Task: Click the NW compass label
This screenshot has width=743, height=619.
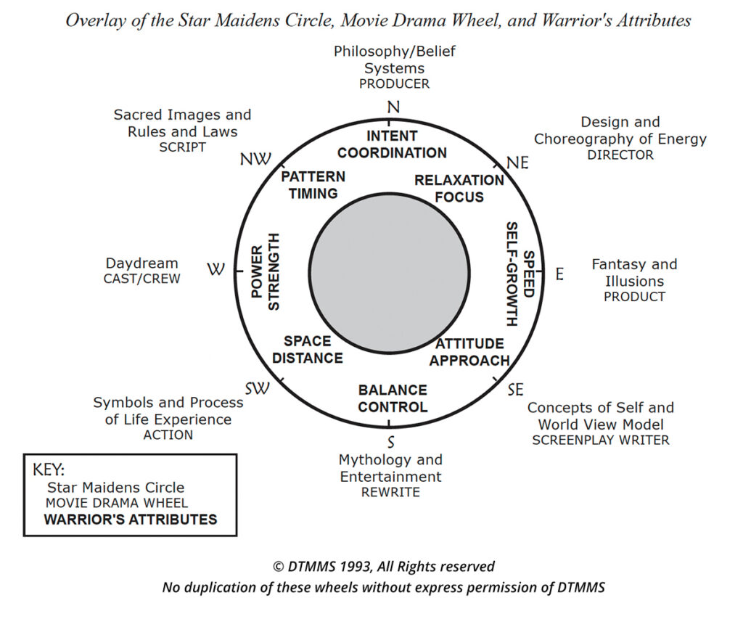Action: pyautogui.click(x=255, y=159)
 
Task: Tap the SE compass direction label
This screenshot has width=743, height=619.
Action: pyautogui.click(x=516, y=390)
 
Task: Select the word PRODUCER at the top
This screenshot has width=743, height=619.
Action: pyautogui.click(x=394, y=84)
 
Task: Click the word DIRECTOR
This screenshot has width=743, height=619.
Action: pyautogui.click(x=620, y=155)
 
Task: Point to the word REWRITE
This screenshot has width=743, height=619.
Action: pyautogui.click(x=390, y=493)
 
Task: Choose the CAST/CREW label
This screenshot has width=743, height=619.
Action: pyautogui.click(x=141, y=279)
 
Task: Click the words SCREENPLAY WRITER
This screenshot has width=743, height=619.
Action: pyautogui.click(x=600, y=440)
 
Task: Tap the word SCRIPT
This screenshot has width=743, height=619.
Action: pyautogui.click(x=182, y=147)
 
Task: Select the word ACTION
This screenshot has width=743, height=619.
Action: pyautogui.click(x=168, y=435)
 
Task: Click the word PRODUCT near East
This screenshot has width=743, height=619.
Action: pyautogui.click(x=634, y=297)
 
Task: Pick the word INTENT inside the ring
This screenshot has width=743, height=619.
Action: pyautogui.click(x=392, y=136)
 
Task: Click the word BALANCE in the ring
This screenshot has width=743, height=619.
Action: pyautogui.click(x=393, y=390)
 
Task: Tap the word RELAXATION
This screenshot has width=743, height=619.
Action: pyautogui.click(x=459, y=181)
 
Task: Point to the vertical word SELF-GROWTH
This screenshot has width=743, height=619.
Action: pyautogui.click(x=512, y=274)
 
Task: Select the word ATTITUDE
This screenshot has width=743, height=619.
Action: pyautogui.click(x=469, y=344)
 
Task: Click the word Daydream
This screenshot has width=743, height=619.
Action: pyautogui.click(x=141, y=263)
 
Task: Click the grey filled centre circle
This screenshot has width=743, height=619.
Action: pyautogui.click(x=390, y=273)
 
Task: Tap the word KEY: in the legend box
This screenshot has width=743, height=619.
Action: pyautogui.click(x=49, y=470)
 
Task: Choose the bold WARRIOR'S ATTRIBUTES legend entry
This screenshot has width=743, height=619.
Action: pyautogui.click(x=131, y=520)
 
